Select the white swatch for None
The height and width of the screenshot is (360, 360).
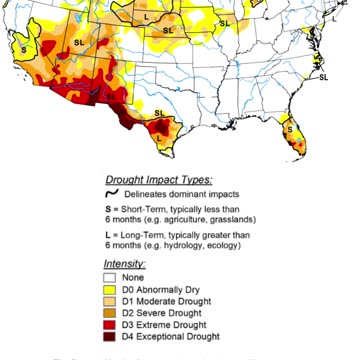tap(111, 277)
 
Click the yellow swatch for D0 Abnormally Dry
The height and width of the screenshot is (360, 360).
tap(111, 289)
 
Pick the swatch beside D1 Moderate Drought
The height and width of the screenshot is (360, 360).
tap(111, 301)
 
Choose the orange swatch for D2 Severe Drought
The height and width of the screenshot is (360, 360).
tap(111, 313)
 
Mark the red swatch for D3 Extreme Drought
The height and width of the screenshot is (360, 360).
tap(111, 325)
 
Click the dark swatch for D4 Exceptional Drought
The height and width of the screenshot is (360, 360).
tap(111, 337)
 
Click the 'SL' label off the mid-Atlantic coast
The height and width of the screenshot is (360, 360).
tap(323, 77)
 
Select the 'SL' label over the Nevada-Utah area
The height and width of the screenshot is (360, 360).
tap(79, 43)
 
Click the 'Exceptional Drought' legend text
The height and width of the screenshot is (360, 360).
tap(183, 337)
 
